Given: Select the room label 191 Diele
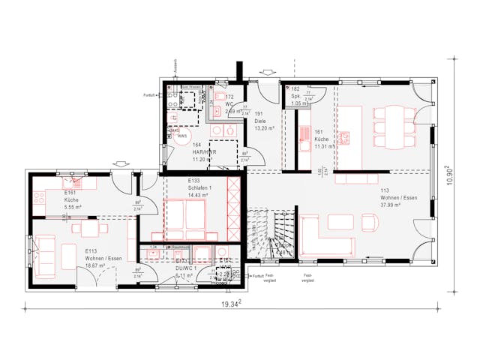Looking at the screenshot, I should pos(260,120).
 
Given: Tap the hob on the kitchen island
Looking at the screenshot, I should pos(346,137).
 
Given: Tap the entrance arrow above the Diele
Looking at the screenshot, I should pos(265,72).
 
